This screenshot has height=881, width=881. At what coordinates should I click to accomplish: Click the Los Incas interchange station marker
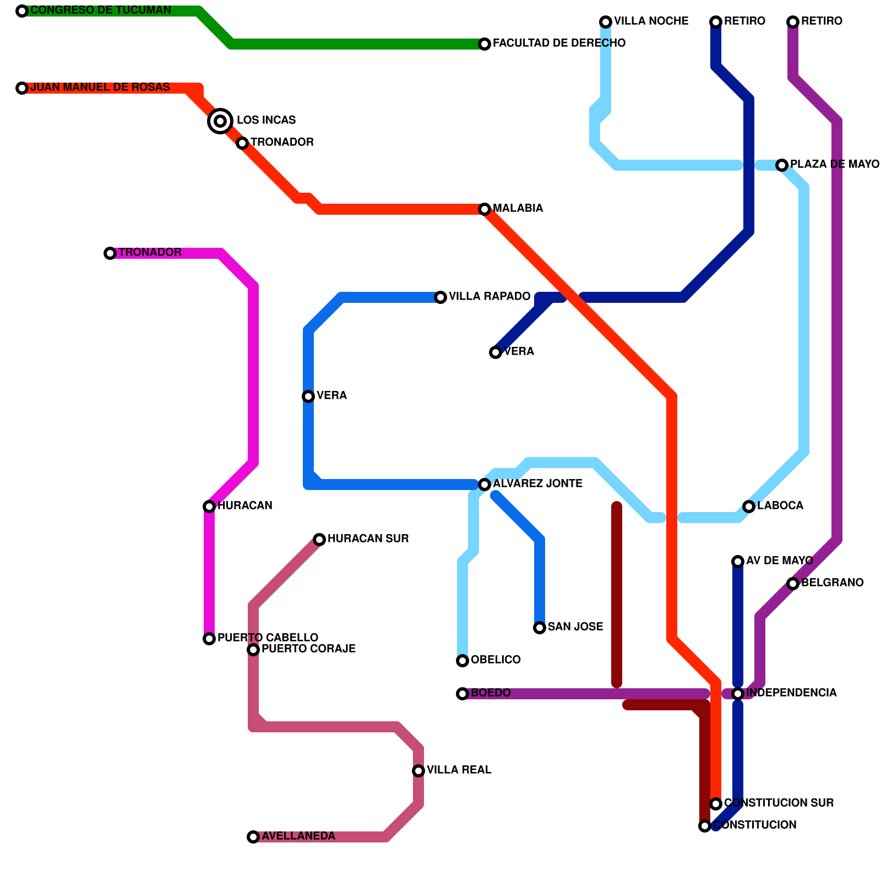click(220, 121)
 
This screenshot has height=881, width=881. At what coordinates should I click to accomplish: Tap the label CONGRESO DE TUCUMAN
click(101, 10)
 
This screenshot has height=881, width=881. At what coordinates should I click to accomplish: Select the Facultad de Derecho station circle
click(485, 44)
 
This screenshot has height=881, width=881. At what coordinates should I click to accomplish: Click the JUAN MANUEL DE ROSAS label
click(100, 88)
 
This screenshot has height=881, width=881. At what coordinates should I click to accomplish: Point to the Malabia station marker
click(485, 209)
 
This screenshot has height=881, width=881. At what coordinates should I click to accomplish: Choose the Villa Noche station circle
click(606, 22)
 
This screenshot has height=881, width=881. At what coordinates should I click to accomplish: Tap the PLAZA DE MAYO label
click(834, 165)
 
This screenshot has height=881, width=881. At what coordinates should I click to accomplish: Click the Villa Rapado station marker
click(440, 297)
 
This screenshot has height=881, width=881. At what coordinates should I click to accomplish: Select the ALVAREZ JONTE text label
click(537, 484)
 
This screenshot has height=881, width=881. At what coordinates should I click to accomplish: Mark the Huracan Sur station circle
click(319, 540)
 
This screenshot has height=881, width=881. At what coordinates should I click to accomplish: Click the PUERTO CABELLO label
click(268, 638)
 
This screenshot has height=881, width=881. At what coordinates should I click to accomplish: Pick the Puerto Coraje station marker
click(253, 650)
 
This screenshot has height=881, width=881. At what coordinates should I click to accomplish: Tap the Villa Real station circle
click(418, 771)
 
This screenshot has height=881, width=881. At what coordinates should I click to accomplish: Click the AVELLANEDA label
click(298, 836)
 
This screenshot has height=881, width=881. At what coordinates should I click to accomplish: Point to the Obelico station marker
click(463, 661)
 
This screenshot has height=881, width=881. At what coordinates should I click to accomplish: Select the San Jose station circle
click(540, 628)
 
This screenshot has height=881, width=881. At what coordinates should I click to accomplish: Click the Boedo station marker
click(463, 694)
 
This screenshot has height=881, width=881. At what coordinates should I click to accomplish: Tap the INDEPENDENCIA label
click(791, 693)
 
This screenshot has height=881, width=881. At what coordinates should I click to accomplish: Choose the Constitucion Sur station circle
click(716, 804)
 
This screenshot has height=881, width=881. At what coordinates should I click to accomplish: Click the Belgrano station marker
click(793, 584)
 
